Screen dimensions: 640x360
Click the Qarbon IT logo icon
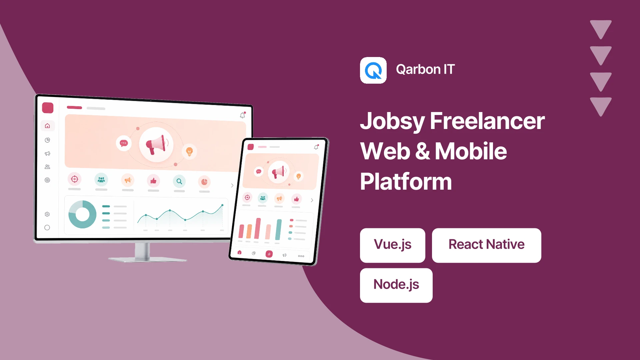[373, 70]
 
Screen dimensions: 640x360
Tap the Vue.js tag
[393, 245]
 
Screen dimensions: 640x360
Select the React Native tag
[487, 245]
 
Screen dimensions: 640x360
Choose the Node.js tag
[396, 285]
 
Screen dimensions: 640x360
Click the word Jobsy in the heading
[392, 122]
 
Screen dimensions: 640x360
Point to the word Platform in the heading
[406, 182]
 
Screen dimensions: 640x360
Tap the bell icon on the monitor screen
[243, 115]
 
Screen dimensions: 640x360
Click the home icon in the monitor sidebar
[47, 126]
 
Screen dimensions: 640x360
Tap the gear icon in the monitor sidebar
[47, 214]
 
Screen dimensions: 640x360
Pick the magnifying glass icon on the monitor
[179, 181]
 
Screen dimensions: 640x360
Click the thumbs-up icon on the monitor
[153, 181]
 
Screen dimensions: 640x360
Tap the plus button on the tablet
[269, 254]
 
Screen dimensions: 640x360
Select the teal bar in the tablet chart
[278, 230]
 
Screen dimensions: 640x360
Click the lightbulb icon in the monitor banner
[189, 152]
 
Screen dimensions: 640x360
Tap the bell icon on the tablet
[316, 147]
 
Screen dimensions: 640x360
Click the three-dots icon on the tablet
[301, 256]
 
